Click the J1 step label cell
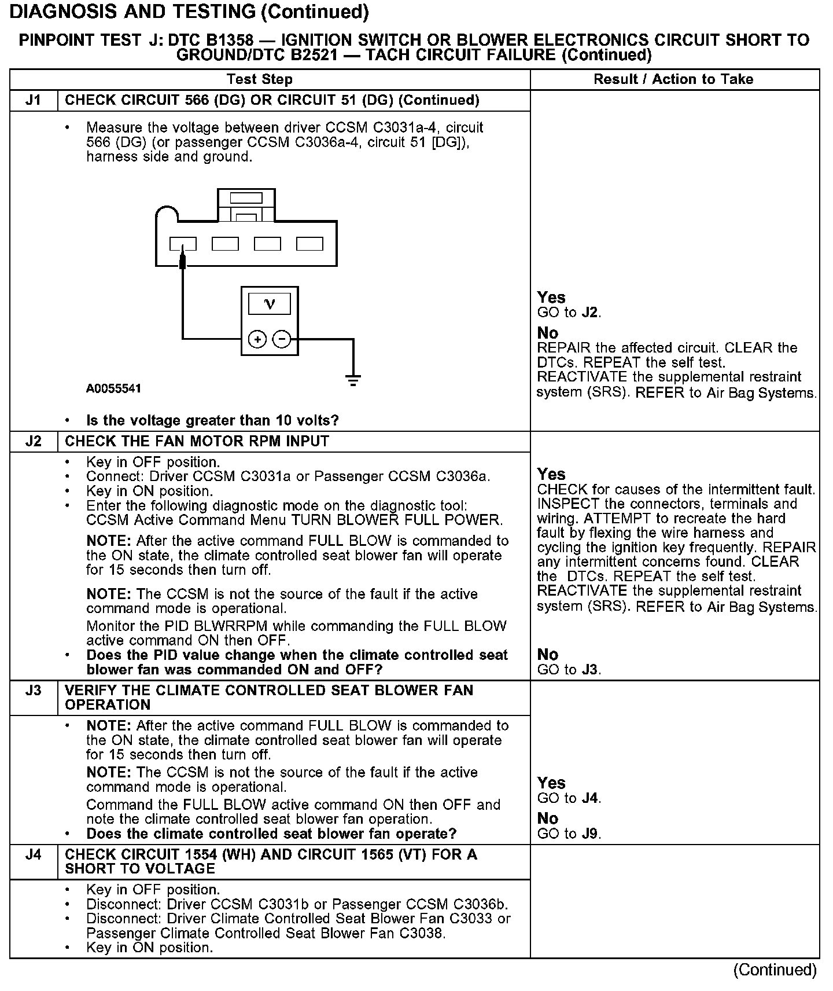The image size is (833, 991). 34,100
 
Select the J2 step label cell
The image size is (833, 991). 34,442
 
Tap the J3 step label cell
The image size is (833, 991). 34,691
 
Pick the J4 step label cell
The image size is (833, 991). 34,854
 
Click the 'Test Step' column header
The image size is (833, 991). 260,79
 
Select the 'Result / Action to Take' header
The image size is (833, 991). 673,79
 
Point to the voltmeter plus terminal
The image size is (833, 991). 257,339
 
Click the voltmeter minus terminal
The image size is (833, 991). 282,339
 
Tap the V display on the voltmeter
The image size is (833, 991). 269,304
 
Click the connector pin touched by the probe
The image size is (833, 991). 183,244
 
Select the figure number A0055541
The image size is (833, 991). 113,388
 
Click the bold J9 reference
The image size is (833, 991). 590,834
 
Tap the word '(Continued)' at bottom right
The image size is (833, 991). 775,970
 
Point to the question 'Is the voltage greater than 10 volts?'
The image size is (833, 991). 212,420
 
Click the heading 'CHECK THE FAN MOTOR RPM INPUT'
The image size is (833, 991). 197,441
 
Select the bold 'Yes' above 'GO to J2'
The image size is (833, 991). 551,298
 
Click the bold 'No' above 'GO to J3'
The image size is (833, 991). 547,655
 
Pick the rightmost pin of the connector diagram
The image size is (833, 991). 309,244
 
